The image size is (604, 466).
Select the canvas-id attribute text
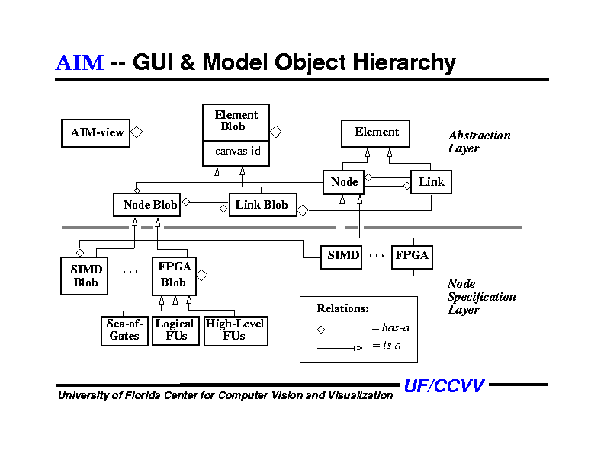(x=237, y=152)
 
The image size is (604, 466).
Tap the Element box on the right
(x=375, y=132)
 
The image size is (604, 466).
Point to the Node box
(x=345, y=182)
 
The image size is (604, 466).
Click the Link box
(x=431, y=182)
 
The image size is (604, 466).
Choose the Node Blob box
(x=149, y=204)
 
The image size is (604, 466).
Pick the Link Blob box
(x=262, y=204)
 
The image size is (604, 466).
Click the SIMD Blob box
(x=85, y=276)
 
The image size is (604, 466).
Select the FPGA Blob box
(x=174, y=276)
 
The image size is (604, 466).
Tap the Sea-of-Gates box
(x=124, y=330)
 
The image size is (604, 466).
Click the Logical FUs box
(x=175, y=330)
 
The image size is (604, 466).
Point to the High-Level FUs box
(x=235, y=330)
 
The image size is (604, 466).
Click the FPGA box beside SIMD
(x=412, y=257)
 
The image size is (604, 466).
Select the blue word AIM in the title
(x=79, y=62)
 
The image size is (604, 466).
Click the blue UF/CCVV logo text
(x=444, y=386)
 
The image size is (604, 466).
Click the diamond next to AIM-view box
(x=137, y=132)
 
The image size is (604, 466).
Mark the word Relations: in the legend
(x=343, y=308)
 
